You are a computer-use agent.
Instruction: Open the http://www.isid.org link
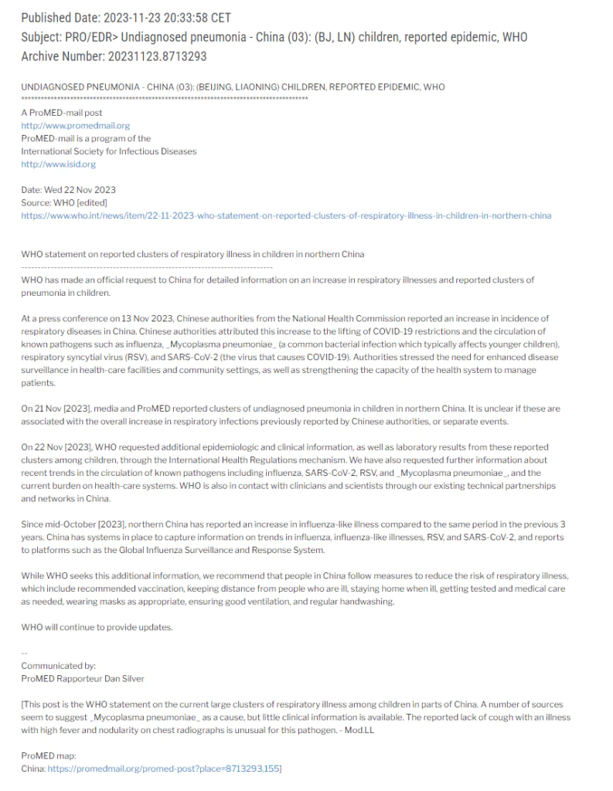(x=59, y=164)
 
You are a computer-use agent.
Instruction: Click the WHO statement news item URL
(x=286, y=216)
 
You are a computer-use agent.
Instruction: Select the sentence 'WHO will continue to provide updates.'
(x=97, y=626)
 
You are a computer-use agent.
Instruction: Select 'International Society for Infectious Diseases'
(x=109, y=151)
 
